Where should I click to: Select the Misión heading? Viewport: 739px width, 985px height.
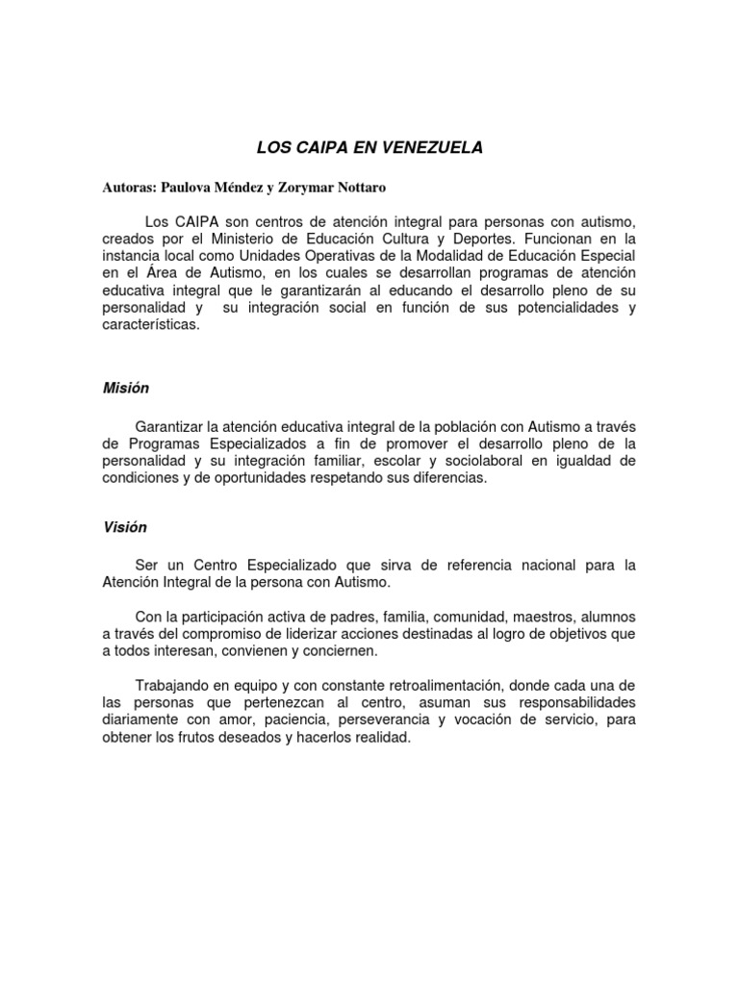click(126, 389)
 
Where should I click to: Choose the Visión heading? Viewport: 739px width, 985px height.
click(125, 527)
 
